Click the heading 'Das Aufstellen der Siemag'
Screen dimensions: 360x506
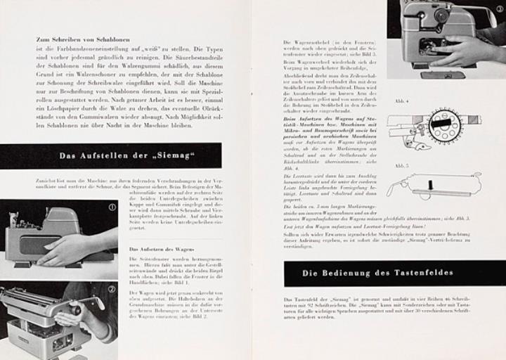click(x=126, y=156)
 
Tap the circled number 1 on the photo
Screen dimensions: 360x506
click(x=111, y=207)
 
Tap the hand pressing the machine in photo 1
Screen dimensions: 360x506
click(x=67, y=247)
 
